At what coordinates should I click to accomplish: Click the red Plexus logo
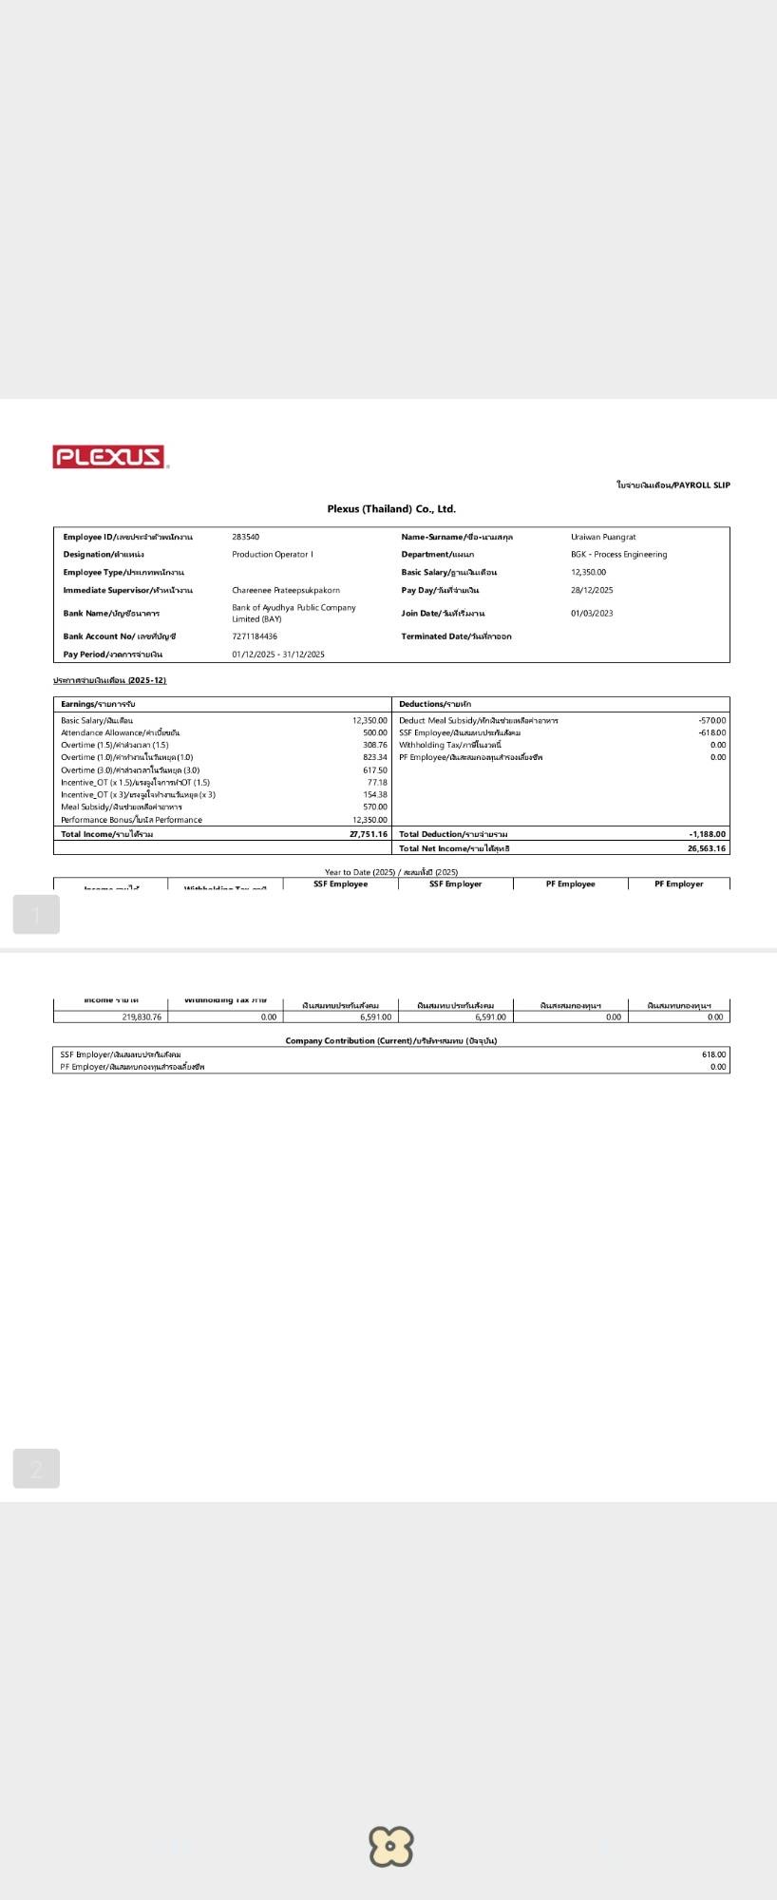click(109, 457)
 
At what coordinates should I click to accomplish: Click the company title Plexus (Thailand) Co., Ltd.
click(391, 509)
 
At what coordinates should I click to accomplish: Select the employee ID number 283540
click(245, 537)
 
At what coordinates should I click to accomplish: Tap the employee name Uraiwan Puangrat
click(603, 537)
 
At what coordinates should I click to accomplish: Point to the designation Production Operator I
click(272, 555)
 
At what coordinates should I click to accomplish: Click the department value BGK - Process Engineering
click(618, 555)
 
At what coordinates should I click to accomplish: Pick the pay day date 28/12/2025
click(592, 590)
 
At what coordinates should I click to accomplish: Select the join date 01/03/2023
click(592, 614)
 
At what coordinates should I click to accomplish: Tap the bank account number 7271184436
click(255, 636)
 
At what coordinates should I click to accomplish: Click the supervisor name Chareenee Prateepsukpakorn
click(285, 590)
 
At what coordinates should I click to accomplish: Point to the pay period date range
click(278, 655)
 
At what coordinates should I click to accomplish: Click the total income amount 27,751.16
click(368, 834)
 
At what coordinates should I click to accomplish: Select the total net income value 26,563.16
click(706, 848)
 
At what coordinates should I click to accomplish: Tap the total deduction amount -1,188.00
click(707, 834)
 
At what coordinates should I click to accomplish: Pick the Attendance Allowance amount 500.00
click(374, 732)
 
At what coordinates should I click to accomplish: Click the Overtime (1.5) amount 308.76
click(374, 745)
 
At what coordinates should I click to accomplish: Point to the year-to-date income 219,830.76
click(142, 1016)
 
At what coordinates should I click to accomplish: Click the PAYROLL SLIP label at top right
click(673, 485)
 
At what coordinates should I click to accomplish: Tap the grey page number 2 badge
click(36, 1469)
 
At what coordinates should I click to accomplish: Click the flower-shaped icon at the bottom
click(390, 1846)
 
